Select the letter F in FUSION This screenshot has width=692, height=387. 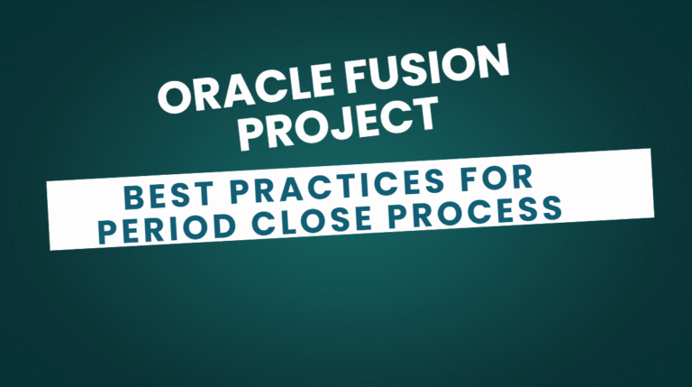click(359, 78)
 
